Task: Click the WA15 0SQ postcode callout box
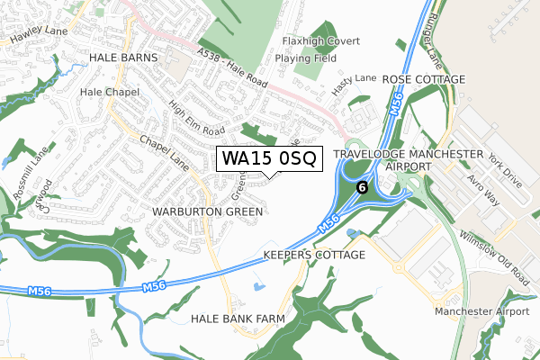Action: click(268, 158)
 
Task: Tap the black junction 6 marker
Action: click(362, 187)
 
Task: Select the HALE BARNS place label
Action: click(123, 57)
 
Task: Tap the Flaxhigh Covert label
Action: click(320, 41)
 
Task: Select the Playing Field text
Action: click(306, 58)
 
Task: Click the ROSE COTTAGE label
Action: click(423, 79)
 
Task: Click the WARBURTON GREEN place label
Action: click(208, 211)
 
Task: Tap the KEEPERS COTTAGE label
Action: click(314, 256)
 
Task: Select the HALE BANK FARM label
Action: click(238, 319)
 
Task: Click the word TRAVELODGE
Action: click(372, 154)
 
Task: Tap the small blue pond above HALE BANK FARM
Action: click(259, 288)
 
